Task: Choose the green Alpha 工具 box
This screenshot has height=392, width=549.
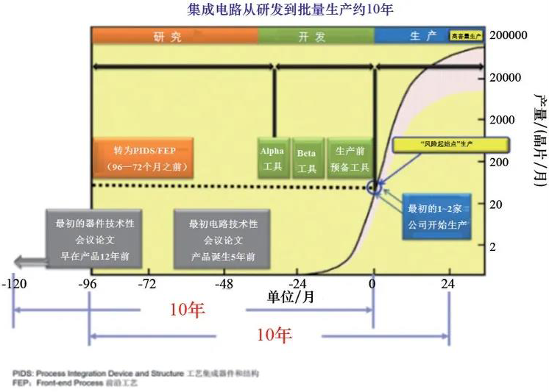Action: (272, 159)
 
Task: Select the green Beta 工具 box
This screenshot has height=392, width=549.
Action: (307, 159)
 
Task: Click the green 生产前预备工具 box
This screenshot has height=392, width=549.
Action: (348, 159)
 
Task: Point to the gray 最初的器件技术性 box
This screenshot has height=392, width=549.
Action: (90, 240)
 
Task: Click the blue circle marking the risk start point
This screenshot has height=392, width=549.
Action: (375, 187)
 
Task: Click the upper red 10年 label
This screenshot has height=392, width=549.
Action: (187, 310)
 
